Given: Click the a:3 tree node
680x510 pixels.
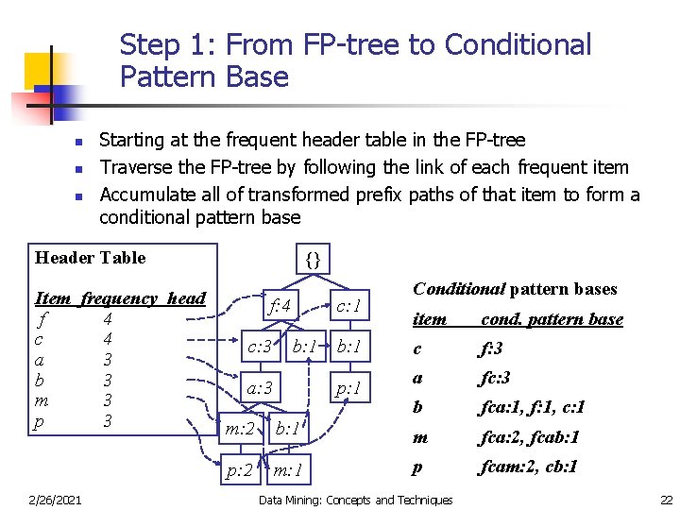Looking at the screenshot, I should coord(260,387).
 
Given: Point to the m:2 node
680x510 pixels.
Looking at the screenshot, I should coord(239,430).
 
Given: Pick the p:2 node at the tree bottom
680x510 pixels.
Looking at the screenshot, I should coord(238,470).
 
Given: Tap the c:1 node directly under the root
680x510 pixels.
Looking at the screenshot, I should coord(350,305).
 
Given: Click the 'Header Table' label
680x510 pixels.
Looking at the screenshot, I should coord(90,258).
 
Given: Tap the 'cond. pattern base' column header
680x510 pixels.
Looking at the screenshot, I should coord(552,319).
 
